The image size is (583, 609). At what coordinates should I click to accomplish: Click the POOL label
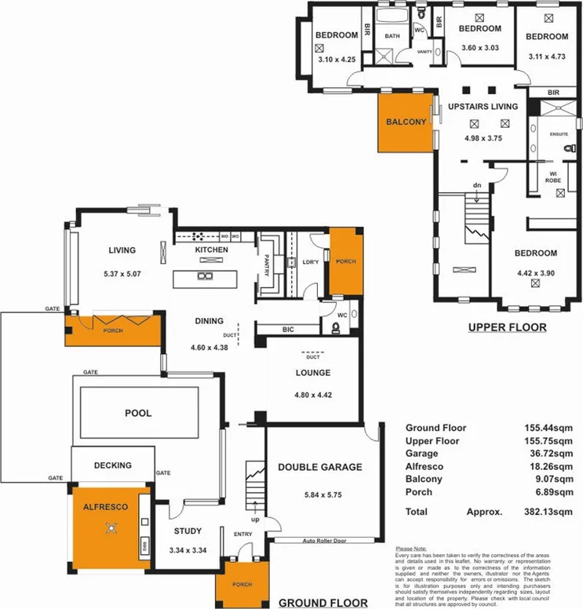tap(138, 413)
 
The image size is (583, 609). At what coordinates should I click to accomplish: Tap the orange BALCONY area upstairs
tap(406, 122)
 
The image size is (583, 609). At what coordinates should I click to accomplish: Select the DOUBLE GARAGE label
tap(320, 467)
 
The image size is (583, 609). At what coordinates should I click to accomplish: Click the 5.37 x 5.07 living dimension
tap(122, 275)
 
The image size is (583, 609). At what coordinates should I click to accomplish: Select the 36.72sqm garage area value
tap(551, 454)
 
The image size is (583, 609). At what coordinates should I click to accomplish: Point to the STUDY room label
tap(188, 531)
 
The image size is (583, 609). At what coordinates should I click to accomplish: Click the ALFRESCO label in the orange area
tap(105, 508)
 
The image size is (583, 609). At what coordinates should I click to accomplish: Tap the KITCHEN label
tap(212, 250)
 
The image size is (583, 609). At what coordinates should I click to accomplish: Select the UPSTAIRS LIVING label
tap(483, 106)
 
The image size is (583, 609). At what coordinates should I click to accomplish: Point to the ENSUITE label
tap(559, 134)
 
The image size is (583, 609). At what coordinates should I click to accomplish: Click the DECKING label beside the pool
tap(112, 465)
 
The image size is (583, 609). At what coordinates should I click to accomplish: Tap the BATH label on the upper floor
tap(390, 35)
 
